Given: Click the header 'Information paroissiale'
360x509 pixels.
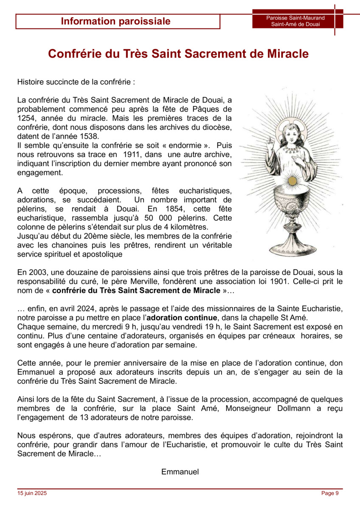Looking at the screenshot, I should click(115, 21).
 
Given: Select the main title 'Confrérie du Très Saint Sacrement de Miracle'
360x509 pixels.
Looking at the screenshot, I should click(178, 54).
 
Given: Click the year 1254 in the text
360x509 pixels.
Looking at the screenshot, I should click(26, 118).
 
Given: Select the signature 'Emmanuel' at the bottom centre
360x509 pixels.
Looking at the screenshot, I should click(180, 472).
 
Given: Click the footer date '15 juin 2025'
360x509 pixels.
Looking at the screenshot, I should click(32, 493).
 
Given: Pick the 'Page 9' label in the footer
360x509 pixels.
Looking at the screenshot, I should click(330, 493).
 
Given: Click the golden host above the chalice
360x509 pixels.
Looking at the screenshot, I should click(292, 181).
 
